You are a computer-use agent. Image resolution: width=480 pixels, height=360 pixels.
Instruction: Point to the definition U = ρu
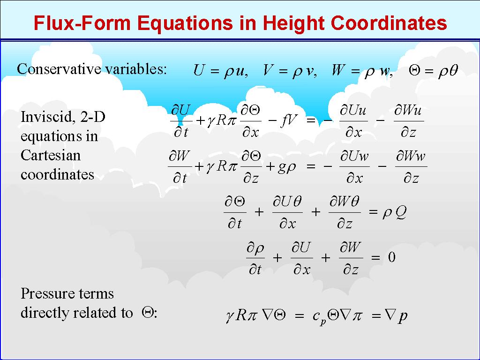[220, 71]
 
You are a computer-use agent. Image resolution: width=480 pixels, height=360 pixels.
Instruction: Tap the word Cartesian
[51, 155]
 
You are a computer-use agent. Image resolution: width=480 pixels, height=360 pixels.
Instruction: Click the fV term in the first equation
[288, 120]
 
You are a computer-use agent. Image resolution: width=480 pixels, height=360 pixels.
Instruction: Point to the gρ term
[286, 167]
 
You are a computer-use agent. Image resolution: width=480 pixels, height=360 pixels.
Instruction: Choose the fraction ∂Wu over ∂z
[409, 121]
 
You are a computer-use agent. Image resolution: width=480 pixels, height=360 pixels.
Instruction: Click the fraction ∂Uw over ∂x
[354, 167]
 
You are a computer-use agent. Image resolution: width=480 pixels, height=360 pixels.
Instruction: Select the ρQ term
[394, 212]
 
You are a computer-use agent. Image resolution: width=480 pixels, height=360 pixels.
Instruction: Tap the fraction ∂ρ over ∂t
[255, 258]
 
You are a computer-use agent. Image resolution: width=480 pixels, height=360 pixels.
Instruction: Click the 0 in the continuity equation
[391, 257]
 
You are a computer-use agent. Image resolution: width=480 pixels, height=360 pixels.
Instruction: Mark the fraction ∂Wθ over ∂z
[345, 212]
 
